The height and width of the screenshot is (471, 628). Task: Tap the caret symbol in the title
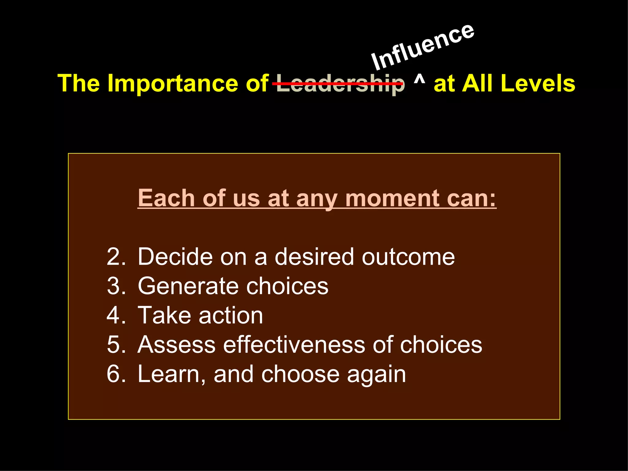click(419, 80)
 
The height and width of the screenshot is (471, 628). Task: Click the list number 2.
click(116, 257)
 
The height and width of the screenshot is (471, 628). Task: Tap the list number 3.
click(116, 286)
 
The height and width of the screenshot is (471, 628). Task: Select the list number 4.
click(116, 315)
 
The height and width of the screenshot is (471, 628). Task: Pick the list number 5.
click(116, 345)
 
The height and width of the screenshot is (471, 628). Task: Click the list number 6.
click(116, 374)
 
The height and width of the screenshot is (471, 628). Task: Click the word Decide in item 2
click(175, 257)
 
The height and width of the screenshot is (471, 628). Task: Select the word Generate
click(188, 286)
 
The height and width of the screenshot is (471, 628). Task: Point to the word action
click(231, 315)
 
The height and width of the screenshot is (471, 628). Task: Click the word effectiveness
click(294, 345)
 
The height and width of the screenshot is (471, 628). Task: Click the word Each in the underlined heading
click(166, 198)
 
